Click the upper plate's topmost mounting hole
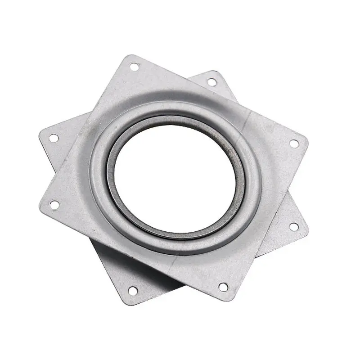tap(134, 67)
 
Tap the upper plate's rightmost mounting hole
tap(293, 144)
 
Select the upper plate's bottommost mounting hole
tap(222, 286)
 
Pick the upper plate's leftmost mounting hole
tap(54, 205)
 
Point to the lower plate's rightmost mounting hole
tap(293, 226)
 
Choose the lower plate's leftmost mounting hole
tap(53, 137)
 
